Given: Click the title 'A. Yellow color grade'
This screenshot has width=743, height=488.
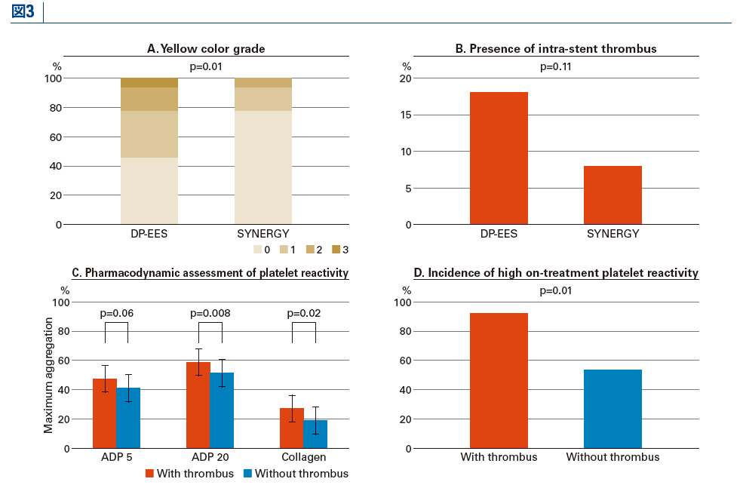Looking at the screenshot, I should [x=206, y=49].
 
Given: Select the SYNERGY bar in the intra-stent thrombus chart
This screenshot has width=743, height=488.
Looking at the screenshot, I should [x=613, y=195].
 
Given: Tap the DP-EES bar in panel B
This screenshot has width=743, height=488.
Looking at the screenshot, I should [x=499, y=158].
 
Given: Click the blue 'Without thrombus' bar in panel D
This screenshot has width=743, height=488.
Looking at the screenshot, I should [x=613, y=409].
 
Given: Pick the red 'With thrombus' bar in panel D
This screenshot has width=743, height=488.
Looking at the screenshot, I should [x=499, y=381].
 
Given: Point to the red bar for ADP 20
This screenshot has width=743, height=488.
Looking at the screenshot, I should [x=198, y=405].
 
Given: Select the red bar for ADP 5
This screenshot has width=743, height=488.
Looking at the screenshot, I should [x=105, y=413].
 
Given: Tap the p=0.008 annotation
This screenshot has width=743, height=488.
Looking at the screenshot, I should [x=210, y=313].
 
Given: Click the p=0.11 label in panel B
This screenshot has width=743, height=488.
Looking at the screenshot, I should [x=556, y=66].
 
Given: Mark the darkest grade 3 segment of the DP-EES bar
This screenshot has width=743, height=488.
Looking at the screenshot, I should [x=149, y=82].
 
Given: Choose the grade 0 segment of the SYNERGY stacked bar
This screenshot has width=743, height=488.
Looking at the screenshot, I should [x=263, y=167].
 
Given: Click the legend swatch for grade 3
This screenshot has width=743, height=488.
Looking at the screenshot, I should [x=336, y=250].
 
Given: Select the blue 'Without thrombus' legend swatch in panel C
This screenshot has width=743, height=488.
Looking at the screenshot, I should [x=248, y=474].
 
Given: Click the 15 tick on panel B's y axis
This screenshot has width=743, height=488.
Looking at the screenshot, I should [x=406, y=115].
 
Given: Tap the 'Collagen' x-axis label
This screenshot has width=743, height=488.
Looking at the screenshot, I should [x=304, y=457].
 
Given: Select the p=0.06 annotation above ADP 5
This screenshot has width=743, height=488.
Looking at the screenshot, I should [x=117, y=313].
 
